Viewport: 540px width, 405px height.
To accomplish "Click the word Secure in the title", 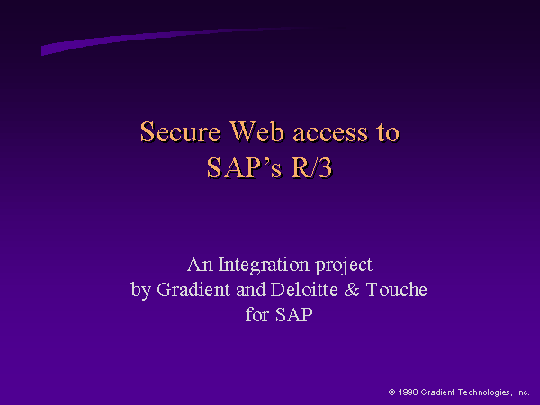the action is click(x=180, y=132).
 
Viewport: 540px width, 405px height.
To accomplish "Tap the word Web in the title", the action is click(x=256, y=132).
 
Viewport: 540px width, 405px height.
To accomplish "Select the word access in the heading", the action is click(x=330, y=133).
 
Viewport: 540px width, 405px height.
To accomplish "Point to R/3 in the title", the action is click(x=311, y=168).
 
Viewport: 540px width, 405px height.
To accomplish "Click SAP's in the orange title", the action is click(x=244, y=168).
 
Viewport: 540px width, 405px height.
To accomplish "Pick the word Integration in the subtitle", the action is click(x=264, y=265).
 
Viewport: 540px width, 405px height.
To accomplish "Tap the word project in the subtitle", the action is click(x=344, y=265).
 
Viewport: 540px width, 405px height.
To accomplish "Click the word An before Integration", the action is click(x=200, y=265).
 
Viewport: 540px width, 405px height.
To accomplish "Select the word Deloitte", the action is click(x=304, y=289).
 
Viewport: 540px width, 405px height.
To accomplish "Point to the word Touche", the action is click(x=396, y=289).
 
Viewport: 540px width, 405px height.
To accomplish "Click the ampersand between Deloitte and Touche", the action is click(x=352, y=290).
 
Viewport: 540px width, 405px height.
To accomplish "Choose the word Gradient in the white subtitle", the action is click(x=193, y=289).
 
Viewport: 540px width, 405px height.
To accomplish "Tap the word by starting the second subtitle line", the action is click(x=141, y=291).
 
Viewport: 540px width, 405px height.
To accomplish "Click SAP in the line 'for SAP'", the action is click(x=294, y=314).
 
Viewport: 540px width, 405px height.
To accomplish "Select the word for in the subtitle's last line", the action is click(x=256, y=314).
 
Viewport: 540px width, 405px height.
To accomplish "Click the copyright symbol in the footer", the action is click(x=391, y=391).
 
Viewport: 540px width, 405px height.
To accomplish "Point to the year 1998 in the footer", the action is click(x=408, y=391).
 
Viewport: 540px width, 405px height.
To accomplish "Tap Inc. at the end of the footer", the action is click(x=522, y=392).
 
